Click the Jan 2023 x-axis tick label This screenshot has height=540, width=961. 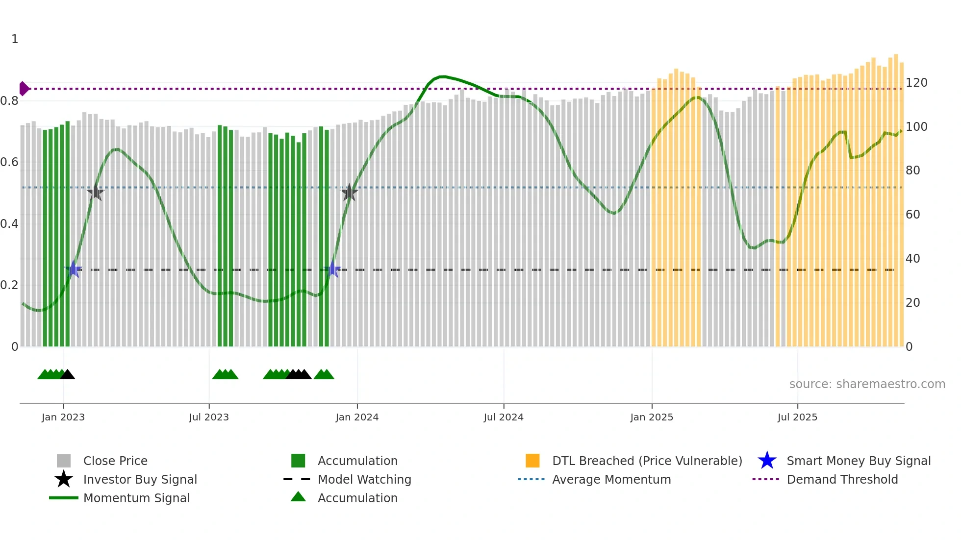pyautogui.click(x=63, y=417)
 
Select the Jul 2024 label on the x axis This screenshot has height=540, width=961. pyautogui.click(x=504, y=417)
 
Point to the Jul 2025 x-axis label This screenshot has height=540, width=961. pyautogui.click(x=797, y=417)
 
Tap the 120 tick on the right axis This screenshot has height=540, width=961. pyautogui.click(x=916, y=83)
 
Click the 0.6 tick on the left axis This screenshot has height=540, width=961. pyautogui.click(x=9, y=162)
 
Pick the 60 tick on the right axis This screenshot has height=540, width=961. pyautogui.click(x=913, y=215)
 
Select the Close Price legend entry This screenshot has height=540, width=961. pyautogui.click(x=115, y=461)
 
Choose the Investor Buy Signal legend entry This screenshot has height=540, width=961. pyautogui.click(x=140, y=479)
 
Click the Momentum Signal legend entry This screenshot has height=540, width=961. pyautogui.click(x=136, y=498)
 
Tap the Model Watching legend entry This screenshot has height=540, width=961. pyautogui.click(x=364, y=479)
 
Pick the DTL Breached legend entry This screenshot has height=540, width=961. pyautogui.click(x=647, y=461)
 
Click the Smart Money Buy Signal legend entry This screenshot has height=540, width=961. pyautogui.click(x=858, y=461)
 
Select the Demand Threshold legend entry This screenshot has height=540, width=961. pyautogui.click(x=842, y=479)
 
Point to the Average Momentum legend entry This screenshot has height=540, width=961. pyautogui.click(x=611, y=479)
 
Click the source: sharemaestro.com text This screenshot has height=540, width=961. pyautogui.click(x=867, y=384)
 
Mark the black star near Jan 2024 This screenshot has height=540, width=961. pyautogui.click(x=349, y=193)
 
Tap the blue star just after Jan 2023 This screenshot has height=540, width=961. pyautogui.click(x=74, y=269)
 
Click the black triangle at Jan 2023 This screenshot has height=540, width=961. pyautogui.click(x=67, y=375)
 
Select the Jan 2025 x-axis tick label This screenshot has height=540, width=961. pyautogui.click(x=652, y=417)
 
